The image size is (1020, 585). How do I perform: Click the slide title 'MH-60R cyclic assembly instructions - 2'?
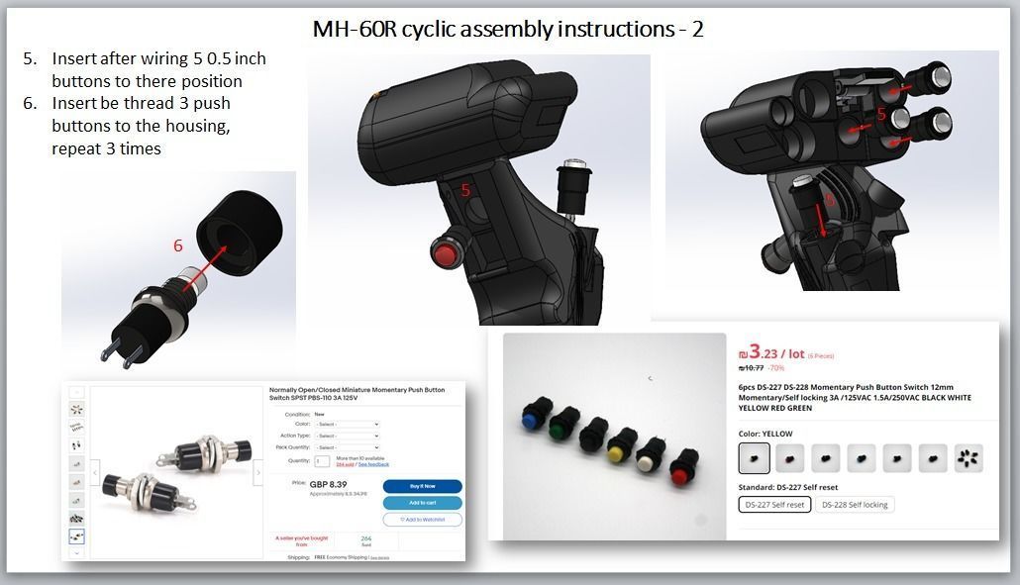point(508,29)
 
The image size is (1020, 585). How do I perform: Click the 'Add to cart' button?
point(422,503)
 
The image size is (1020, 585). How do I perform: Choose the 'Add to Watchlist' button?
point(422,520)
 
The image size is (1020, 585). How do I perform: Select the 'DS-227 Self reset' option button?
point(775,505)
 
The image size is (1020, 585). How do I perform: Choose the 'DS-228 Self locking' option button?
point(855,505)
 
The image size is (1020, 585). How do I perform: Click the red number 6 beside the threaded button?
point(178,245)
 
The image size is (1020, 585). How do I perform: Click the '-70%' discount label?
point(774,367)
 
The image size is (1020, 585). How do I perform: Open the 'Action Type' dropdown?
point(348,436)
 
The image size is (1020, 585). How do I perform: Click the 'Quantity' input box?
point(322,461)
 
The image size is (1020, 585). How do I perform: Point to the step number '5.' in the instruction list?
point(30,59)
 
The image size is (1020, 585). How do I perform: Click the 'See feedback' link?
point(373,464)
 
